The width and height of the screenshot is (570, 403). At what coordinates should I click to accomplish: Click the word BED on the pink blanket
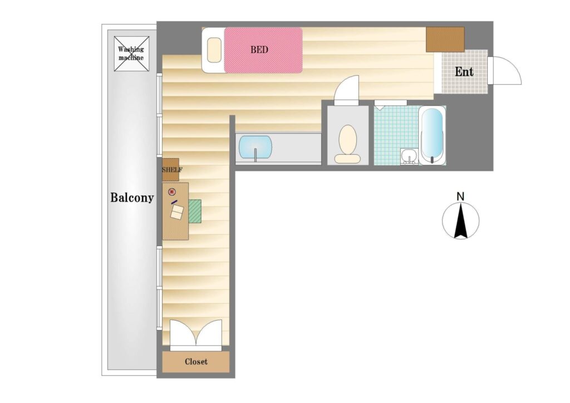point(259,50)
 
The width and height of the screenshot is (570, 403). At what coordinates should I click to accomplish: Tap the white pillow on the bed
point(214,50)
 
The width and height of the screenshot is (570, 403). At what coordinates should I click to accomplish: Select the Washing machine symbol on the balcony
point(131,54)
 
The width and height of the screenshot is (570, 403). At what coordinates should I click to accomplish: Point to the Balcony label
point(132,198)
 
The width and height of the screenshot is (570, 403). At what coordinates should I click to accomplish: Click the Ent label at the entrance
point(464,72)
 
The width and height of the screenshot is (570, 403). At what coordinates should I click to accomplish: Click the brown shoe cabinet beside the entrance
point(445,40)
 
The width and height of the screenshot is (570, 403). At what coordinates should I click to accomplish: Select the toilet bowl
point(347,144)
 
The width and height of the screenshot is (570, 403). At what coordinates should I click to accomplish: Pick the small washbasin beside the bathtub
point(409,156)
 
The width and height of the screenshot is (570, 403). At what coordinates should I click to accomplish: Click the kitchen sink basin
point(255,147)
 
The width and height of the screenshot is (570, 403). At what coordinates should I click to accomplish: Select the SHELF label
point(172,170)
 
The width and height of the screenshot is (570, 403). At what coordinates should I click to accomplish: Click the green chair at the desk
point(195,211)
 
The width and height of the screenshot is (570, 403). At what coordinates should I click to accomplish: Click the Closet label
point(196,362)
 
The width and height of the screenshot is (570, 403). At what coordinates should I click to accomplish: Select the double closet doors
point(196,335)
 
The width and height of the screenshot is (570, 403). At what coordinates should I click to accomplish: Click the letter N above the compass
point(460,197)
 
